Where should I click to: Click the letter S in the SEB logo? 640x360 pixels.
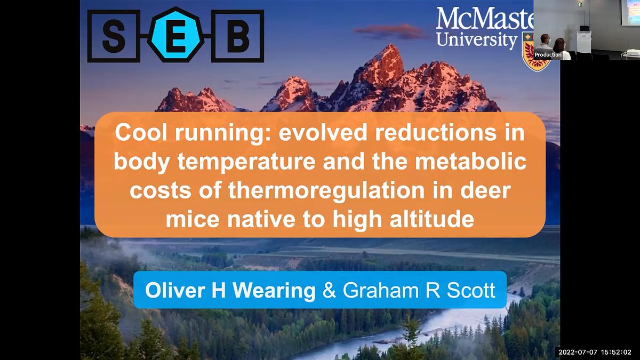click(x=114, y=36)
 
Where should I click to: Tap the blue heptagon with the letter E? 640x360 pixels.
click(x=176, y=35)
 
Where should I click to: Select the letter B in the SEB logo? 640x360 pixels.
click(x=238, y=36)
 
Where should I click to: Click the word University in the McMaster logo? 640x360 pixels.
click(x=477, y=40)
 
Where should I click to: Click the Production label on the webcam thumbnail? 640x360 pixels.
click(x=548, y=54)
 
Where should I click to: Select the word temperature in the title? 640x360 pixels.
click(x=246, y=162)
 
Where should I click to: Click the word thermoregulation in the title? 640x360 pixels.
click(x=326, y=190)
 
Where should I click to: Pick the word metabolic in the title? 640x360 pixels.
click(x=470, y=162)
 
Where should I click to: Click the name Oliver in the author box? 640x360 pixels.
click(x=175, y=290)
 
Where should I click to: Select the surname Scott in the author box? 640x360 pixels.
click(x=471, y=290)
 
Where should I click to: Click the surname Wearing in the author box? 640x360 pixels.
click(x=274, y=291)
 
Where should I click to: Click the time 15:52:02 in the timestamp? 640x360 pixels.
click(x=616, y=353)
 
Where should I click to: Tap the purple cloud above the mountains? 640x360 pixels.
click(x=392, y=31)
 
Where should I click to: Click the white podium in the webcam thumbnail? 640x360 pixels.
click(x=583, y=42)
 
